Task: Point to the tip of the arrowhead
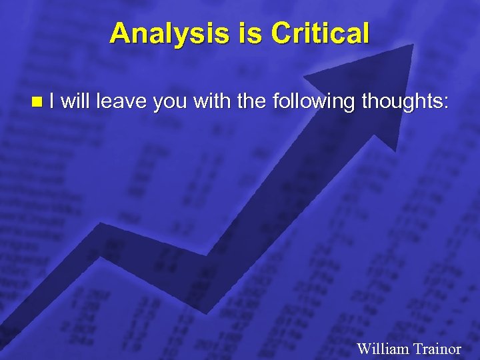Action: tap(413, 45)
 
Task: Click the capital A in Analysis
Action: tap(120, 33)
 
